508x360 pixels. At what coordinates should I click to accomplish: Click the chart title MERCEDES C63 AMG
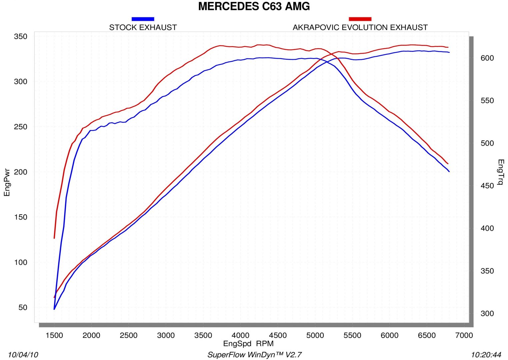(x=254, y=6)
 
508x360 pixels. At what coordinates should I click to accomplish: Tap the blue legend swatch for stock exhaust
(x=143, y=19)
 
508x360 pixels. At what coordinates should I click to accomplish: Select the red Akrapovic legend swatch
(x=360, y=19)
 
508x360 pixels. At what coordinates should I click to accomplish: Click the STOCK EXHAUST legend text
(x=143, y=28)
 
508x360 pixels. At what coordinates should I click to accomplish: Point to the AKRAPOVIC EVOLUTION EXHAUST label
(x=360, y=28)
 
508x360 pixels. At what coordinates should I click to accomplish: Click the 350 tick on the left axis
(x=21, y=36)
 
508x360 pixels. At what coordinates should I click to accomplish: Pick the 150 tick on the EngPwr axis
(x=21, y=217)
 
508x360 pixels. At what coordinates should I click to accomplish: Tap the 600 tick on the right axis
(x=487, y=58)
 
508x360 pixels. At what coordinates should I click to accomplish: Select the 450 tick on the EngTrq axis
(x=487, y=186)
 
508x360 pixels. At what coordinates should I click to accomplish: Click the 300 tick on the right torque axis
(x=487, y=313)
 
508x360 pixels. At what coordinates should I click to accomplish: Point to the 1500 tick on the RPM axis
(x=54, y=335)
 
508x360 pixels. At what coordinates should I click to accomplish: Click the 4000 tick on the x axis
(x=240, y=335)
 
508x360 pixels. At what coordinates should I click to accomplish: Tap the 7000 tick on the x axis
(x=464, y=335)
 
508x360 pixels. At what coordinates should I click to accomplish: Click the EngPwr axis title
(x=7, y=182)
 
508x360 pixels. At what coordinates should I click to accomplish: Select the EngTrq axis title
(x=500, y=172)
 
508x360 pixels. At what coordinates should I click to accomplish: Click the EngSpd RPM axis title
(x=248, y=344)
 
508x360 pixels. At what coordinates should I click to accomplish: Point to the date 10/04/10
(x=23, y=355)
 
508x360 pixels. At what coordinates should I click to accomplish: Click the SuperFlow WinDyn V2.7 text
(x=255, y=355)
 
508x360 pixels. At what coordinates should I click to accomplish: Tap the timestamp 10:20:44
(x=486, y=355)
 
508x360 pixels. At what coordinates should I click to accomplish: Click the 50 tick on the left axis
(x=23, y=307)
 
